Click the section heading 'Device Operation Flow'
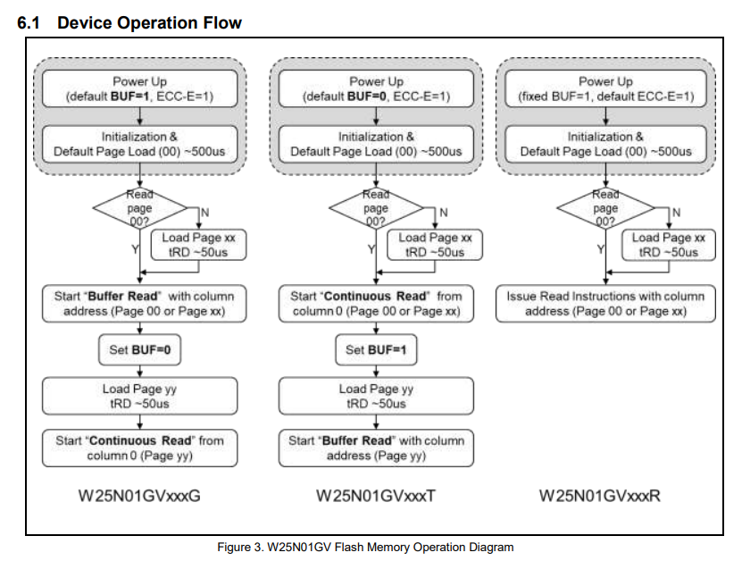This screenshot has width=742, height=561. click(x=149, y=22)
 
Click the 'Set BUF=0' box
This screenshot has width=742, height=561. click(x=139, y=350)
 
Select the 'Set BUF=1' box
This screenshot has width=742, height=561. click(x=376, y=350)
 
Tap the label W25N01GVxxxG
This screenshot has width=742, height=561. click(x=139, y=496)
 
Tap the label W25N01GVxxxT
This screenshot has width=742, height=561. click(x=376, y=496)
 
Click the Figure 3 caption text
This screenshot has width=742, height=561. click(x=365, y=547)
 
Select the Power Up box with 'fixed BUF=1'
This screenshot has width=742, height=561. click(x=605, y=89)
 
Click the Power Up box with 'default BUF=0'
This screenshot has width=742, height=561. click(x=376, y=89)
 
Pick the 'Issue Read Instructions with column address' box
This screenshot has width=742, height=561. click(x=605, y=304)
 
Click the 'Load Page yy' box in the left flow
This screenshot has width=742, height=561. click(x=139, y=396)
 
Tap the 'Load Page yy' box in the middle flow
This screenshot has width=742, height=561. click(x=376, y=396)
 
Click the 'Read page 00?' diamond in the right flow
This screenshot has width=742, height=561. click(x=605, y=208)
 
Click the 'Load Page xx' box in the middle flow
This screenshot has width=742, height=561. click(x=435, y=245)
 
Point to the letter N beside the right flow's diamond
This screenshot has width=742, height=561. click(x=676, y=213)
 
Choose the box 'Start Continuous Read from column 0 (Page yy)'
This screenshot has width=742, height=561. click(x=139, y=448)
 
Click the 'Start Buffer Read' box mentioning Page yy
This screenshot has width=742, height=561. click(x=376, y=448)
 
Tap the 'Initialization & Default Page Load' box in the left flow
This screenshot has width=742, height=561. click(x=139, y=144)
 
